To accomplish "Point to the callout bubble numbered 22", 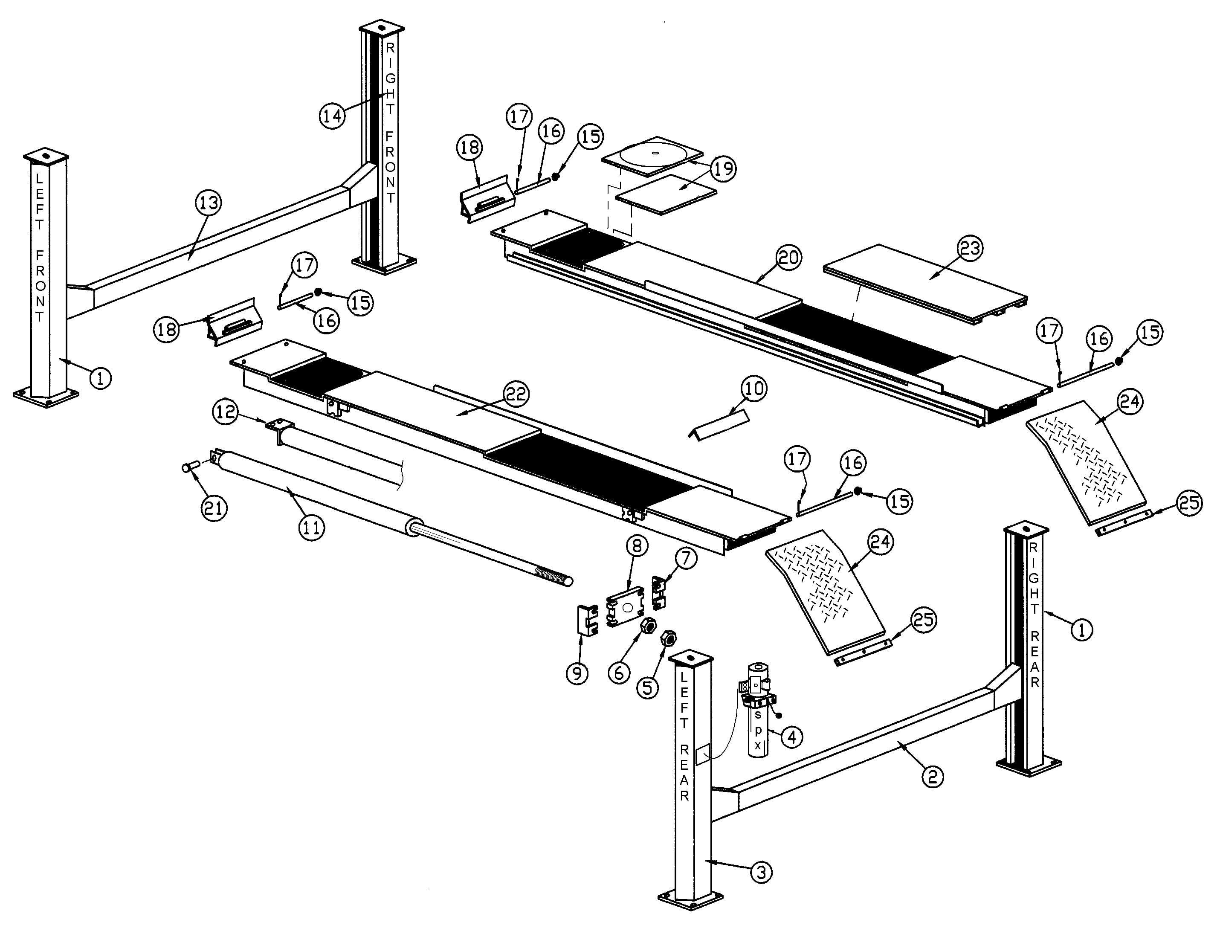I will tap(516, 394).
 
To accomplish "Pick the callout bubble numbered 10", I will tap(754, 389).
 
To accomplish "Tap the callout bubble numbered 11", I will tap(311, 528).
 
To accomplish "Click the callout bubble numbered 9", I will tap(577, 674).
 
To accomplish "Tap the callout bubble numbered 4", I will tap(791, 737).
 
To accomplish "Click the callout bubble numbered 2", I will tap(932, 777).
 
